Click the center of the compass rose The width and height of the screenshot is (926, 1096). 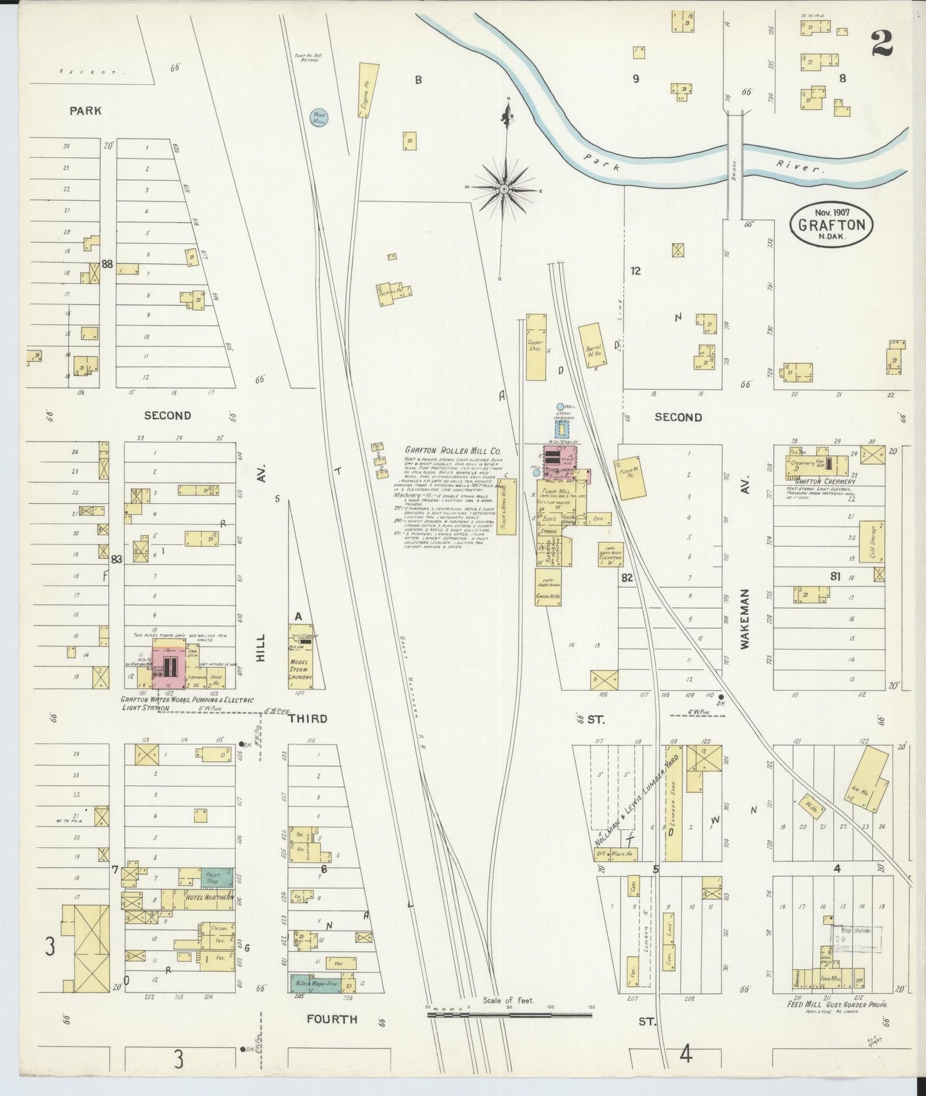pyautogui.click(x=504, y=189)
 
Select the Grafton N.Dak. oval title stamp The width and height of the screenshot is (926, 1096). pyautogui.click(x=831, y=224)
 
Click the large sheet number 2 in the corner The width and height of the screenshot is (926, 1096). pyautogui.click(x=882, y=43)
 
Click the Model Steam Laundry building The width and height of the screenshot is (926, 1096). pyautogui.click(x=300, y=660)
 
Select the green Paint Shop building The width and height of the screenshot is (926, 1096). pyautogui.click(x=212, y=877)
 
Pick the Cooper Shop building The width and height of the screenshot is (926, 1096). pyautogui.click(x=536, y=346)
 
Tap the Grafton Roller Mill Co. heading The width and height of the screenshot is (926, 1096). pyautogui.click(x=452, y=451)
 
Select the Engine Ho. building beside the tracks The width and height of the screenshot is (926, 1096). pyautogui.click(x=367, y=91)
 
